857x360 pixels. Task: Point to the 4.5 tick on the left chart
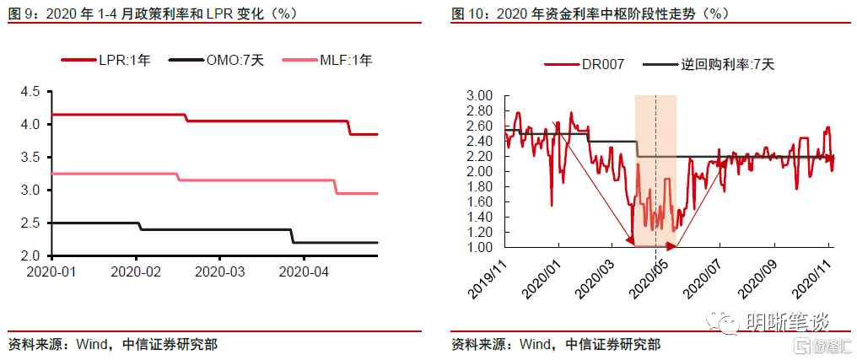(30, 92)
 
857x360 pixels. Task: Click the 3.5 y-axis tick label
(30, 158)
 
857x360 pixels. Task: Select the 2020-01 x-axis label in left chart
(51, 271)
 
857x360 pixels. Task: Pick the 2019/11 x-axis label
(489, 277)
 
